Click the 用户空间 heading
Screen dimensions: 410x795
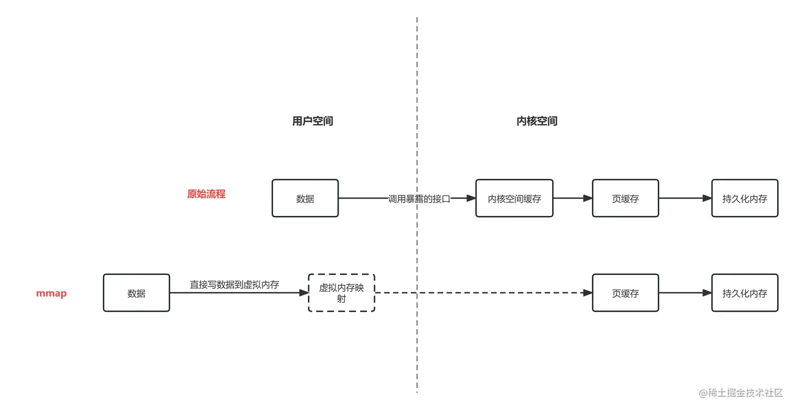(x=312, y=121)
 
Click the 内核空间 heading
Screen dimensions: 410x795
(x=537, y=121)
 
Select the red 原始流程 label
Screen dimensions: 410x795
(x=206, y=194)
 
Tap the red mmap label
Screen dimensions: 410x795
(x=52, y=293)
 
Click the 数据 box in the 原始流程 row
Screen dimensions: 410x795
(x=305, y=198)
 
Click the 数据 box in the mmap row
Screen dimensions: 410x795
(x=136, y=293)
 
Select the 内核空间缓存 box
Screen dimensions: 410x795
(x=514, y=198)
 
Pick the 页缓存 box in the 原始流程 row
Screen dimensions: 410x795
(x=625, y=198)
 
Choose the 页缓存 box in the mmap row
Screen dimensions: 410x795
(x=625, y=293)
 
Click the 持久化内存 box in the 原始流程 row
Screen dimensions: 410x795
(x=745, y=198)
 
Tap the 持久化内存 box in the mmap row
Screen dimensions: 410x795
(x=745, y=293)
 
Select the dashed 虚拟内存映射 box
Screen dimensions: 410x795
(x=341, y=293)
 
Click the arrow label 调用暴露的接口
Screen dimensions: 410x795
(x=419, y=199)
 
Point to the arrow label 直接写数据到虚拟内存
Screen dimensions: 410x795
(x=235, y=284)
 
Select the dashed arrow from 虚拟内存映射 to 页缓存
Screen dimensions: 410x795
(x=484, y=293)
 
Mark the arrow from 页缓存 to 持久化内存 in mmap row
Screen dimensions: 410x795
(x=685, y=293)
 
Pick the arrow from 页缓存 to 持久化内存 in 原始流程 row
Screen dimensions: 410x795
(x=685, y=198)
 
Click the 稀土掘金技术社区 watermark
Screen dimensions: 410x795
(x=741, y=393)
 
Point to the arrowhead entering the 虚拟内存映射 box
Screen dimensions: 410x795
(x=303, y=293)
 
